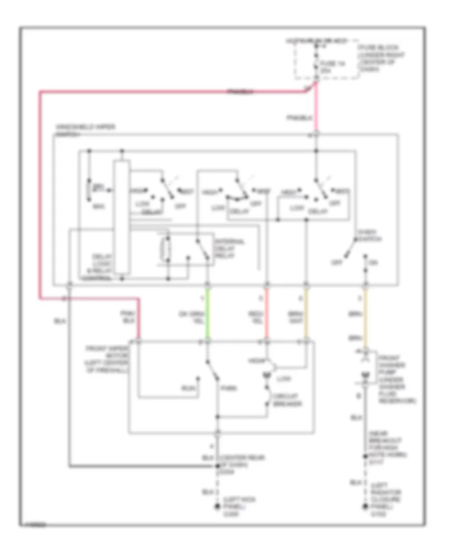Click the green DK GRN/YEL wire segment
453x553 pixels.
click(207, 314)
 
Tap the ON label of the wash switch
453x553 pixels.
click(373, 262)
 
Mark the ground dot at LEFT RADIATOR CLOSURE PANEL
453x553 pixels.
click(366, 507)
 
